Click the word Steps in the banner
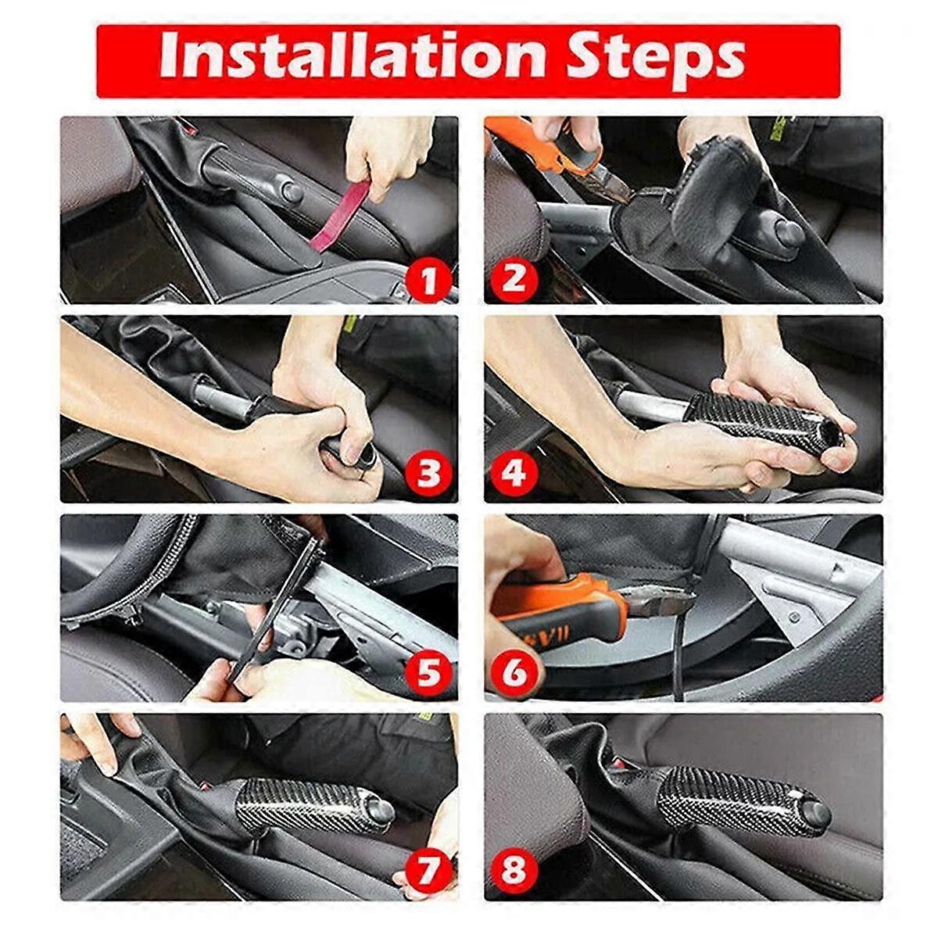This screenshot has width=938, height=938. point(655,56)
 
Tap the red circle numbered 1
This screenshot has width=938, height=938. point(427,281)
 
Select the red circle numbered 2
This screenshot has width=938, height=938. point(514,278)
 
